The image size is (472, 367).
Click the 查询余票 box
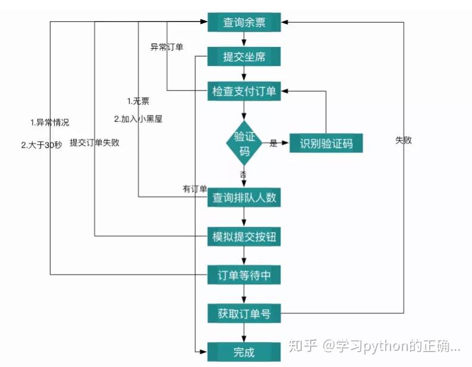pyautogui.click(x=244, y=23)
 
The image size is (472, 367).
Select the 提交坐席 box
pyautogui.click(x=244, y=57)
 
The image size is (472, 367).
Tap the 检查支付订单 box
pyautogui.click(x=244, y=92)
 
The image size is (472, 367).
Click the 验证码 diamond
pyautogui.click(x=244, y=143)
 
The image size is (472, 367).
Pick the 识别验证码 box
pyautogui.click(x=326, y=143)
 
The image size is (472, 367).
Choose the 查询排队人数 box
pyautogui.click(x=244, y=198)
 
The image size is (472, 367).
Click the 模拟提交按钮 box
pyautogui.click(x=244, y=237)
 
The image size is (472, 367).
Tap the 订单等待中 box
pyautogui.click(x=244, y=276)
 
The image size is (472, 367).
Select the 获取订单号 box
pyautogui.click(x=244, y=313)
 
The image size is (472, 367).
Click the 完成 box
pyautogui.click(x=244, y=352)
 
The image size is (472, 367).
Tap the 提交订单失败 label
pyautogui.click(x=94, y=143)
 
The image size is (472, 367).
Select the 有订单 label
pyautogui.click(x=195, y=189)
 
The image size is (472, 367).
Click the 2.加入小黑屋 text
pyautogui.click(x=138, y=118)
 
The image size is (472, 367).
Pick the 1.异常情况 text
pyautogui.click(x=49, y=123)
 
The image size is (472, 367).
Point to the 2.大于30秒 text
pyautogui.click(x=41, y=144)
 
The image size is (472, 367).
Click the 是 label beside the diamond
pyautogui.click(x=274, y=143)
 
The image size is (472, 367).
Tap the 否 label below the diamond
pyautogui.click(x=243, y=174)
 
